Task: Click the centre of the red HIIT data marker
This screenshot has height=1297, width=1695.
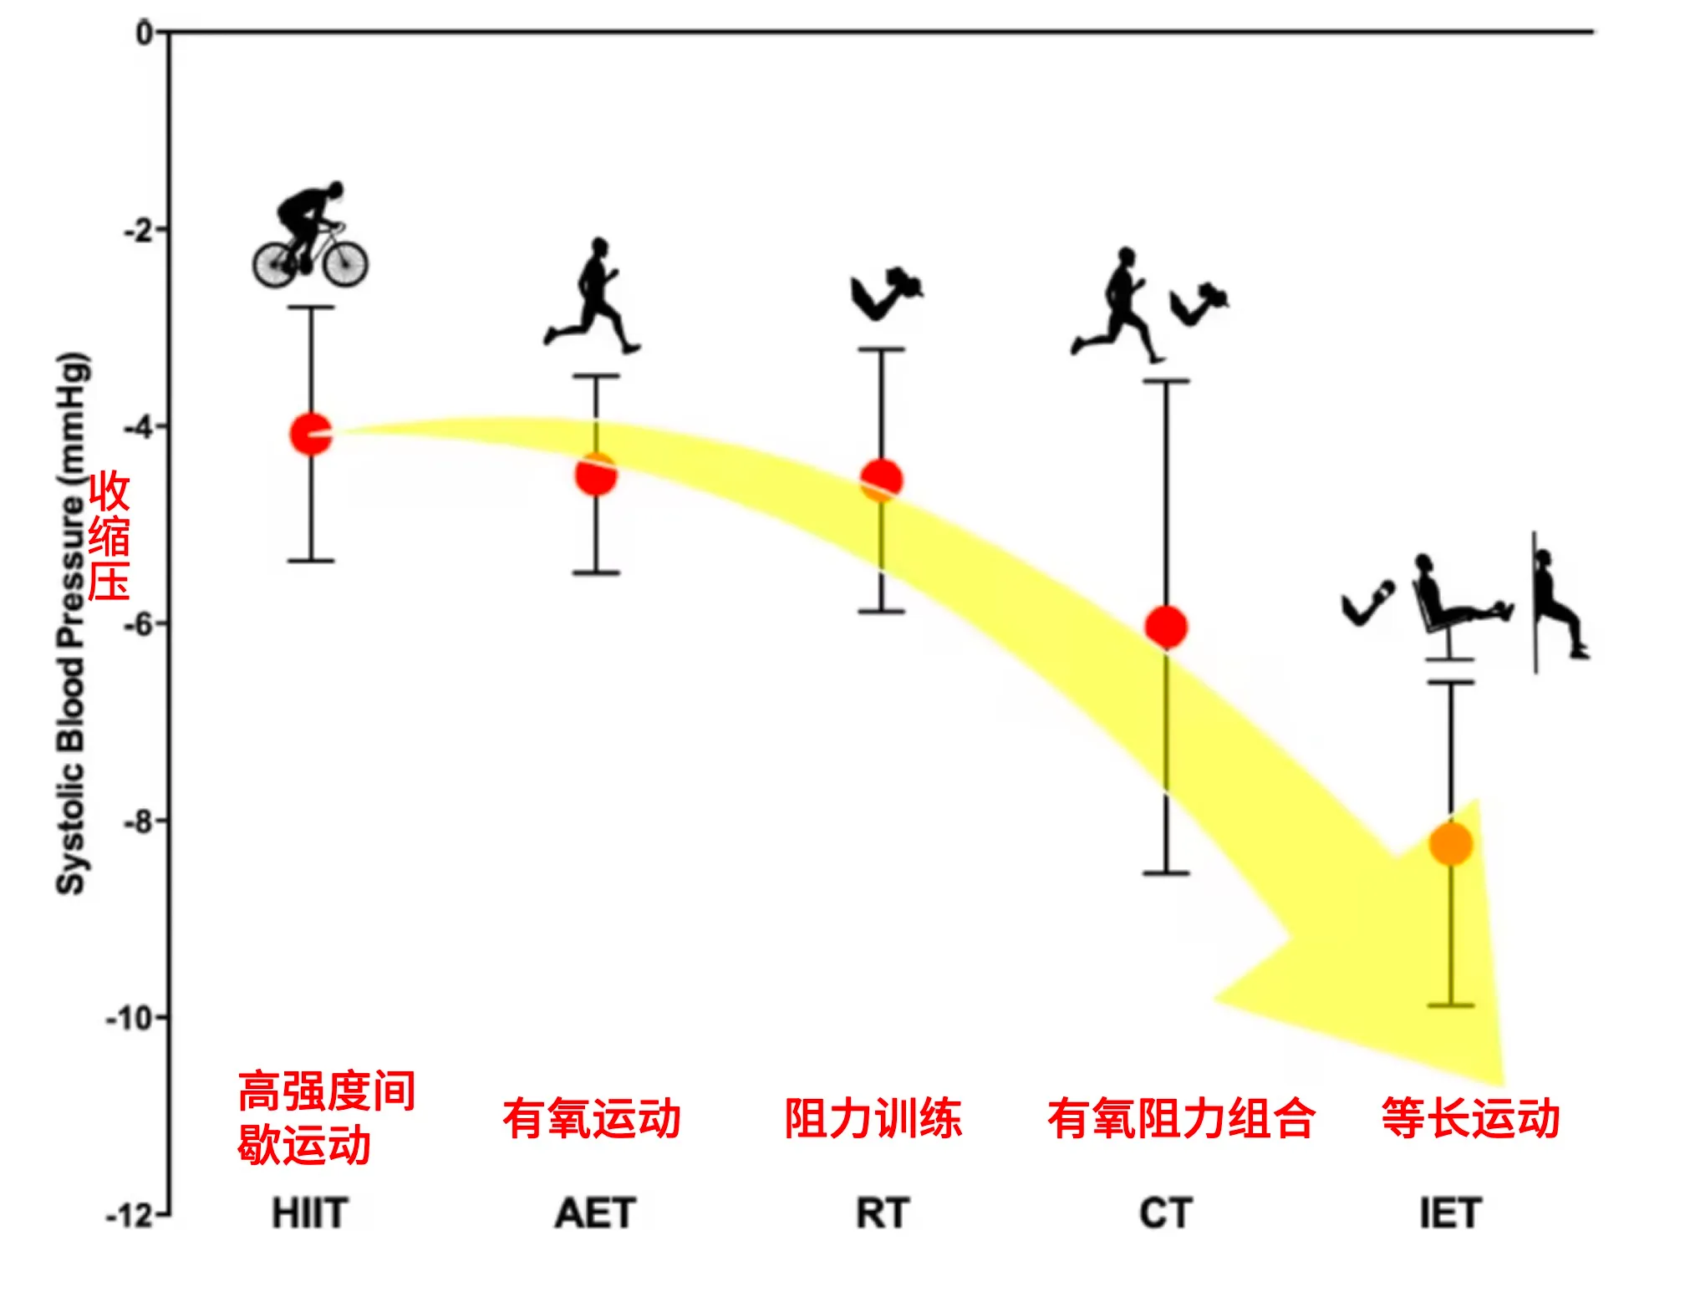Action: [x=311, y=434]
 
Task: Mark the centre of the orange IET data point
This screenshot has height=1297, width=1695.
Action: [x=1450, y=843]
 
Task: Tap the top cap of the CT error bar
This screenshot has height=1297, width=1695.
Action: [x=1166, y=380]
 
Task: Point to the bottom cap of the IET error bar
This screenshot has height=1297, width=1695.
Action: [x=1450, y=1005]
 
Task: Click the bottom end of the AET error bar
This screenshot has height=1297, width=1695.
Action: [x=596, y=572]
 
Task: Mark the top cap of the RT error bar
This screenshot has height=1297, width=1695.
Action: [x=882, y=349]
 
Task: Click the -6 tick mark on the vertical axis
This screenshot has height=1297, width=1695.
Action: [x=160, y=623]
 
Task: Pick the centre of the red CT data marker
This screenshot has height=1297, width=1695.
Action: [x=1166, y=627]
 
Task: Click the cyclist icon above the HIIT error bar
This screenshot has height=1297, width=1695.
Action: [x=310, y=234]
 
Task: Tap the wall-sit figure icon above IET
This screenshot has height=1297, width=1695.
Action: [x=1559, y=602]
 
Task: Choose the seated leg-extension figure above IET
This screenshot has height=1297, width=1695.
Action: [x=1461, y=607]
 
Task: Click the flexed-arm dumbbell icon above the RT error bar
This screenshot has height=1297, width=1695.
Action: [x=887, y=293]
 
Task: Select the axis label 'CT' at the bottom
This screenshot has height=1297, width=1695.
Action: [x=1165, y=1213]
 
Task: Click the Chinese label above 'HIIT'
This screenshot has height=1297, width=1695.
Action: [x=327, y=1118]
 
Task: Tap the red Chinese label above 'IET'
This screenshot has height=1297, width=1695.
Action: [x=1470, y=1118]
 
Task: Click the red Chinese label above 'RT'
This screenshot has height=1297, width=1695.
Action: [x=873, y=1118]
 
